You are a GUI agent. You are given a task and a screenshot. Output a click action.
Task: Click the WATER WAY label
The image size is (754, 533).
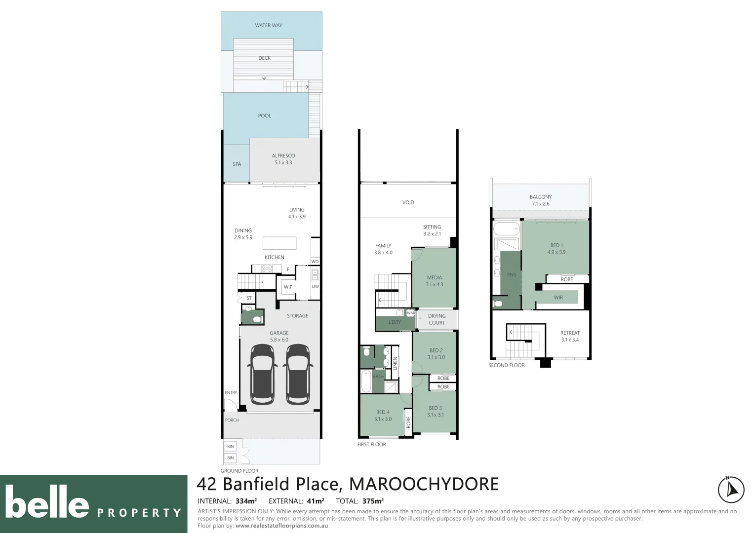click(x=269, y=25)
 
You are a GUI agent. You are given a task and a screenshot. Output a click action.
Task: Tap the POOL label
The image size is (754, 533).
click(x=264, y=115)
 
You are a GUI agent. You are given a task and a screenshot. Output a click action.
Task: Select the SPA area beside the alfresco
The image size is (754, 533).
click(x=237, y=164)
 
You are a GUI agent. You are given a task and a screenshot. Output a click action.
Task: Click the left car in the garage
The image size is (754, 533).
click(x=263, y=373)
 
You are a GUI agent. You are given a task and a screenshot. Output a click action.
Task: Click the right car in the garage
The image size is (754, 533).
click(x=298, y=373)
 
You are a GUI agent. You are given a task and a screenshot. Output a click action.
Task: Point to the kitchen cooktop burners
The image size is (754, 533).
click(x=267, y=268)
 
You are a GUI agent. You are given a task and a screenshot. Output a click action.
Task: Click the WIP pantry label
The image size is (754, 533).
click(x=288, y=287)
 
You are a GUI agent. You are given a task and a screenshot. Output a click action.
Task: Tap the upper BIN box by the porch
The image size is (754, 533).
click(x=231, y=446)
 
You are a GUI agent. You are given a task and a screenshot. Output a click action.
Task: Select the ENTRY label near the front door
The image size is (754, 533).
click(x=231, y=393)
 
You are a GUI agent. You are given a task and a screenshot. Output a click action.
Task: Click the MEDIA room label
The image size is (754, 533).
click(x=435, y=277)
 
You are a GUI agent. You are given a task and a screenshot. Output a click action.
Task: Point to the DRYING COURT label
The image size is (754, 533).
click(x=437, y=319)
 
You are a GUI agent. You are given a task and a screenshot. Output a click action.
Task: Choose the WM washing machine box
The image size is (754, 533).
click(x=410, y=313)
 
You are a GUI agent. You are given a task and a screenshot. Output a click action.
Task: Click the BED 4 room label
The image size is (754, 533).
click(x=383, y=412)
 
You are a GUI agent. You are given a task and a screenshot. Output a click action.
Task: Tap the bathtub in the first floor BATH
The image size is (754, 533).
click(x=366, y=381)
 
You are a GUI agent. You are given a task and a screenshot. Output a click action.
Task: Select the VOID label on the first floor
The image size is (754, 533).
click(x=408, y=202)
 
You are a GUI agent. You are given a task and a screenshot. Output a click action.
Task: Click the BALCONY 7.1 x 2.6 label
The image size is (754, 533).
click(x=541, y=200)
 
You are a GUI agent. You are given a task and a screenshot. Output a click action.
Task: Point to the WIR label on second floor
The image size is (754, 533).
click(x=558, y=298)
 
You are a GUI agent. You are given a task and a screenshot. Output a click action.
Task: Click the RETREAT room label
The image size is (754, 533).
click(x=570, y=333)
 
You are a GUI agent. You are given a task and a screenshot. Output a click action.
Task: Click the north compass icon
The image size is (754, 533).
click(x=731, y=490)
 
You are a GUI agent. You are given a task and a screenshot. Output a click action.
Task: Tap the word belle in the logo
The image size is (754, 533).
click(x=47, y=502)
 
